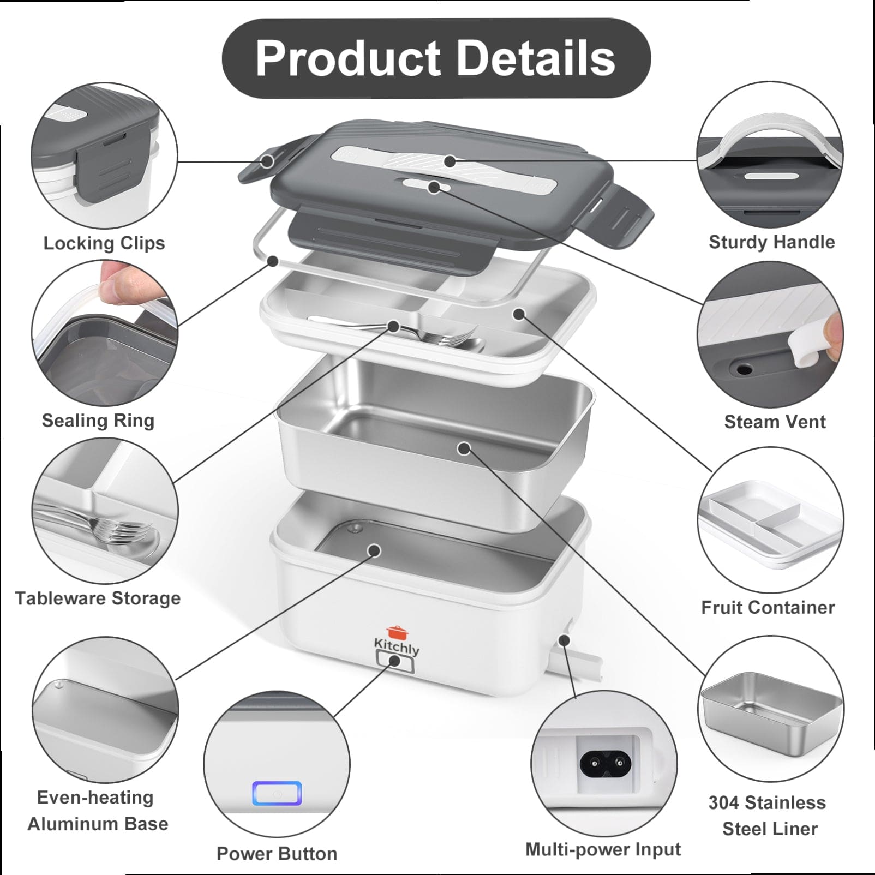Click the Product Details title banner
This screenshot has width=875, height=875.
pos(436,58)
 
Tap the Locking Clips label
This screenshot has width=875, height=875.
pos(104,243)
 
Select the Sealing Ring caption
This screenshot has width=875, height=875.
pos(98,421)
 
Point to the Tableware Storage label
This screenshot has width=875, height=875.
pos(98,598)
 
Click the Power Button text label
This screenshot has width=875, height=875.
pos(277,854)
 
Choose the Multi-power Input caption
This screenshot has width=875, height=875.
pos(603,849)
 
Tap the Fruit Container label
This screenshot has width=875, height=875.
pos(768,608)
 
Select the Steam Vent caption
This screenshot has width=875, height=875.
pos(775,422)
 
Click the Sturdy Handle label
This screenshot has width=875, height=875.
pos(772,242)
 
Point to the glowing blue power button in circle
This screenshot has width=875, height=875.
pos(277,794)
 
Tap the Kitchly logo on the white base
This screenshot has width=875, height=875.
pos(397,640)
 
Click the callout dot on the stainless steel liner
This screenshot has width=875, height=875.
pos(464,448)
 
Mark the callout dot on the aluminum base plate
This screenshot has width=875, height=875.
pos(374,550)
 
